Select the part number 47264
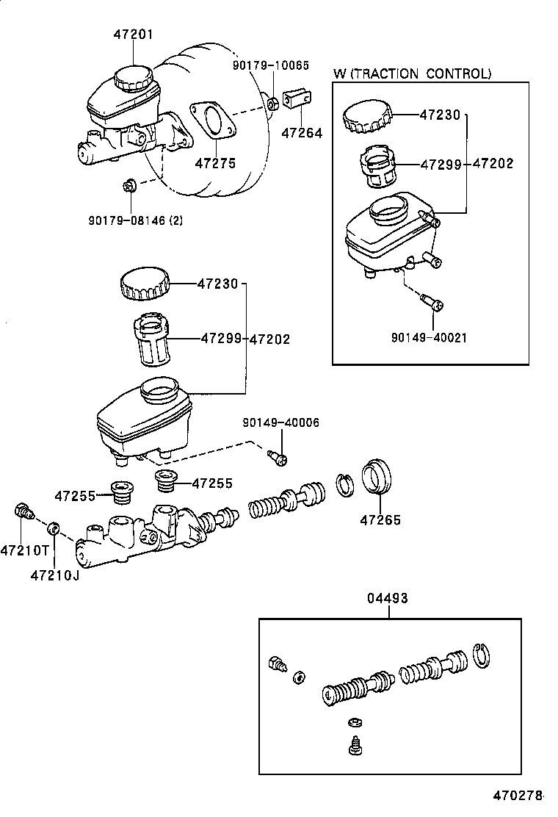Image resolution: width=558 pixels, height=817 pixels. [302, 134]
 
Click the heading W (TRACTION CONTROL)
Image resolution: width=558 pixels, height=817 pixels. [412, 73]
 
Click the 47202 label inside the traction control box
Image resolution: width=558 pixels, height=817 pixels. [493, 164]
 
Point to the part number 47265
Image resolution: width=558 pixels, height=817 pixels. [380, 520]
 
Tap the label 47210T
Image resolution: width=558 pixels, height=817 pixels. [21, 550]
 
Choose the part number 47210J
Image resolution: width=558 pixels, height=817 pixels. [54, 574]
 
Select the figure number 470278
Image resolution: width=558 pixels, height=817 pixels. [518, 796]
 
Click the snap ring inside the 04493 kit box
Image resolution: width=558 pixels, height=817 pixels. [481, 655]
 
